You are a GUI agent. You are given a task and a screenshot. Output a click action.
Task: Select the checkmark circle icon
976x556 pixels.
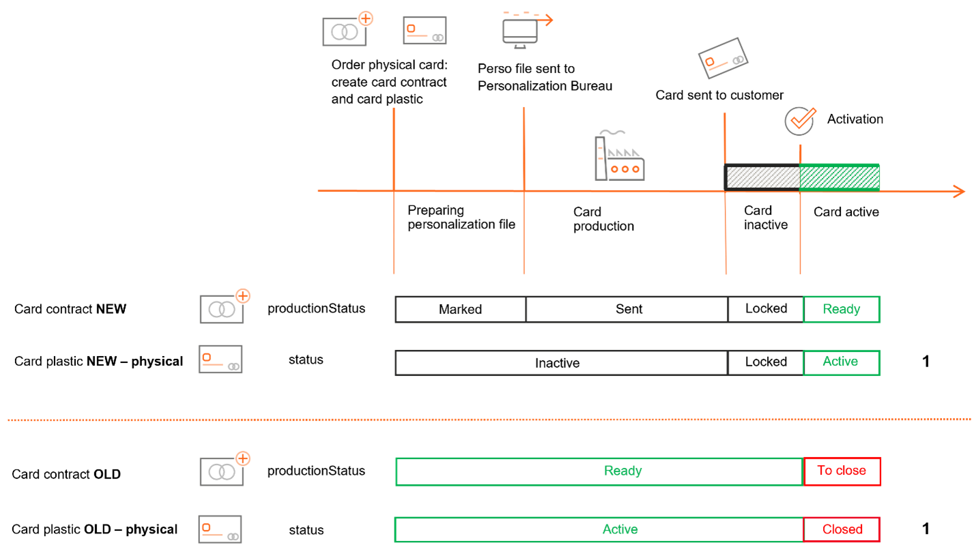[x=799, y=121]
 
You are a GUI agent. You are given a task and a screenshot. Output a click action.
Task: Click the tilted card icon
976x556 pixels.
[x=723, y=58]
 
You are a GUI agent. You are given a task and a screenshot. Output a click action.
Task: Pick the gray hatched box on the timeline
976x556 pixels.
[x=762, y=177]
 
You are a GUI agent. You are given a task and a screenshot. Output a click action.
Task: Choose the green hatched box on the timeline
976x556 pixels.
[x=839, y=177]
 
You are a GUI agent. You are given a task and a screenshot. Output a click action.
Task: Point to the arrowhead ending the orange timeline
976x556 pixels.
[x=960, y=191]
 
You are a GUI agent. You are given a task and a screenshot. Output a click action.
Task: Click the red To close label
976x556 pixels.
[x=842, y=471]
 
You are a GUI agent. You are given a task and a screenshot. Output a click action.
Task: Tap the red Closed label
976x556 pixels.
[x=842, y=529]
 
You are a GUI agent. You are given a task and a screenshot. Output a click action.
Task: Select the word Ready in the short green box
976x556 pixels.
[x=842, y=309]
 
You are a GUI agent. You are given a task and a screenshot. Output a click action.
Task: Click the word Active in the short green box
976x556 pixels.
[x=840, y=362]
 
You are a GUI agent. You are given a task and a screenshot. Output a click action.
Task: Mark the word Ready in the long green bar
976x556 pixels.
[x=622, y=471]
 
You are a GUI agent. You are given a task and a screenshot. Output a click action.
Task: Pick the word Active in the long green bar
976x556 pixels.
[x=620, y=529]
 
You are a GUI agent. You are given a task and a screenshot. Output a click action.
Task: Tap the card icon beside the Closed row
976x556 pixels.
[x=220, y=529]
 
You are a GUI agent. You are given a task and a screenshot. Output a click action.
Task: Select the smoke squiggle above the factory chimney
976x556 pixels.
[x=612, y=132]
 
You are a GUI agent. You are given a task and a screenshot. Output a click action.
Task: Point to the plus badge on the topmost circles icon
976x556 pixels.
[x=366, y=18]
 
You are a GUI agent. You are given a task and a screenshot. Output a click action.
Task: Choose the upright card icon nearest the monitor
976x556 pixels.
[x=425, y=31]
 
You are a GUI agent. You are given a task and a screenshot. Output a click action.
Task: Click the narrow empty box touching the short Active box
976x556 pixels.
[x=765, y=362]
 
